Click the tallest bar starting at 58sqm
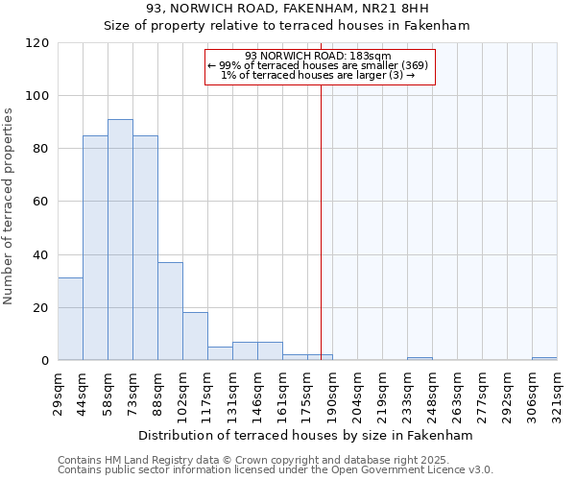pos(120,240)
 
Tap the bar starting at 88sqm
pos(170,311)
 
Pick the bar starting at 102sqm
pos(195,336)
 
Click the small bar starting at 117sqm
pos(220,353)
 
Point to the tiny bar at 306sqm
pos(544,359)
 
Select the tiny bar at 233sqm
pos(420,359)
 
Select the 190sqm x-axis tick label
pos(332,394)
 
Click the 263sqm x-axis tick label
pos(457,394)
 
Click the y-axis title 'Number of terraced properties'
pos(9,205)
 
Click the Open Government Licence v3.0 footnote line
pos(276,470)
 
